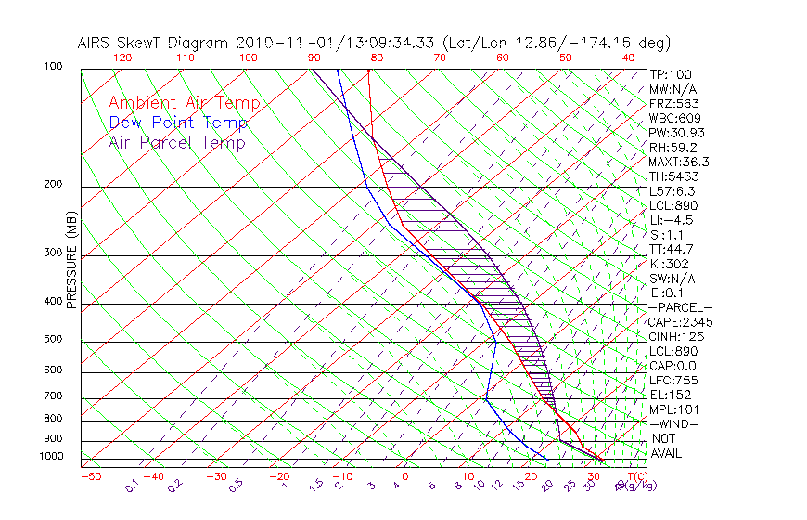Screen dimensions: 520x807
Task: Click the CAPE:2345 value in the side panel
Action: pyautogui.click(x=675, y=322)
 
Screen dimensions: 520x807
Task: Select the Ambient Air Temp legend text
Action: pyautogui.click(x=184, y=103)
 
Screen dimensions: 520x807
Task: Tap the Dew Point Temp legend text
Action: pyautogui.click(x=178, y=123)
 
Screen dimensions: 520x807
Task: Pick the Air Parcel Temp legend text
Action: pyautogui.click(x=176, y=142)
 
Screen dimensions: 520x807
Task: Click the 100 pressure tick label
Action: pyautogui.click(x=53, y=67)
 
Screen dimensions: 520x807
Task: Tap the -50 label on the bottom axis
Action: pyautogui.click(x=90, y=476)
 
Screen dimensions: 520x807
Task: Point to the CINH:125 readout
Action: pyautogui.click(x=672, y=336)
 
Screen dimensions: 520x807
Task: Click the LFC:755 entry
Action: pyautogui.click(x=672, y=380)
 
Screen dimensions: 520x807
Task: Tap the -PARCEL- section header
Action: pyautogui.click(x=680, y=307)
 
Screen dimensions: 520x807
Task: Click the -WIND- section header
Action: pyautogui.click(x=675, y=423)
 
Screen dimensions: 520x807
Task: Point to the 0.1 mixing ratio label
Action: pyautogui.click(x=133, y=485)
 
